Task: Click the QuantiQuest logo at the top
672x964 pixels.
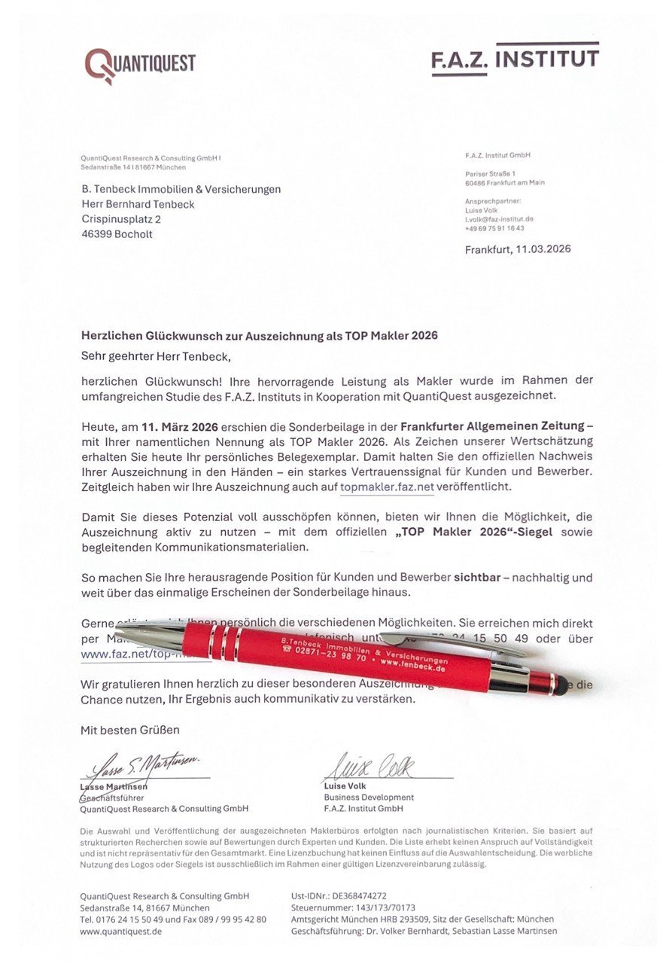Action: pos(140,65)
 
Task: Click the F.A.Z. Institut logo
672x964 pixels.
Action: pos(515,59)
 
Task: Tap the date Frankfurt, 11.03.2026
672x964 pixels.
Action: pos(517,249)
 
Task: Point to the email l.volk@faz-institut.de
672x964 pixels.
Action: pos(499,219)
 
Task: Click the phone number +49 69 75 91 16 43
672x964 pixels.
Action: pos(494,228)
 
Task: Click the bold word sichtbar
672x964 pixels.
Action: pos(479,578)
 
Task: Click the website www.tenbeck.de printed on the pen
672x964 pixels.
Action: pos(411,666)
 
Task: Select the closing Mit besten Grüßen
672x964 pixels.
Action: pos(130,730)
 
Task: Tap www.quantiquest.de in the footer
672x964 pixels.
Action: pos(121,931)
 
